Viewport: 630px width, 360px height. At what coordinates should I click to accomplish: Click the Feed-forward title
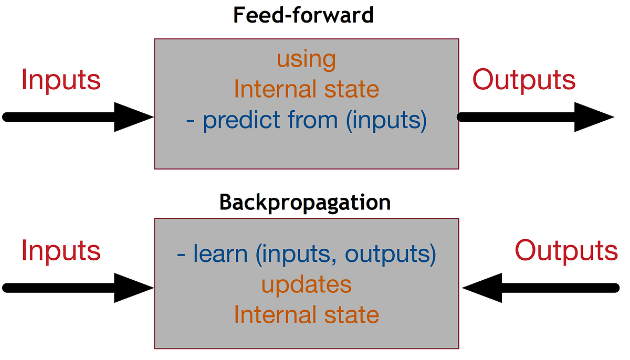click(303, 15)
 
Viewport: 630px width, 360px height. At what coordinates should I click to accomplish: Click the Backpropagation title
click(305, 202)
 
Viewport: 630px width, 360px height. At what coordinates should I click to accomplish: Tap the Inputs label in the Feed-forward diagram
click(61, 80)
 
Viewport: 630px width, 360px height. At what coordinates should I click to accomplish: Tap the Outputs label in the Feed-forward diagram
click(524, 80)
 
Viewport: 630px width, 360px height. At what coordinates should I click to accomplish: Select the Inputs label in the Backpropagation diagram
click(61, 250)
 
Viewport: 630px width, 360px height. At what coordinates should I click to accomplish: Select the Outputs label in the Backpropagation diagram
click(566, 250)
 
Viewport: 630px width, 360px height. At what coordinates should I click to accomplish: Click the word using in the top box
click(306, 59)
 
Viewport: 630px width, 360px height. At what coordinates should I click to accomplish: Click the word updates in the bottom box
click(307, 284)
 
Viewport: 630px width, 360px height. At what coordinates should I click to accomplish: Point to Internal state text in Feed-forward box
click(307, 89)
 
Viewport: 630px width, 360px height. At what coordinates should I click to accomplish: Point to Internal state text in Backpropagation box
click(307, 315)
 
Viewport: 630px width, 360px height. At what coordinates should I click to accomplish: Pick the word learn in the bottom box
click(220, 254)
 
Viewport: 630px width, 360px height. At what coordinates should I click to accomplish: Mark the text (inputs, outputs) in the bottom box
click(346, 254)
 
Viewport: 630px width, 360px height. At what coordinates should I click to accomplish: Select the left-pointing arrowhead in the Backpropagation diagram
click(483, 288)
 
